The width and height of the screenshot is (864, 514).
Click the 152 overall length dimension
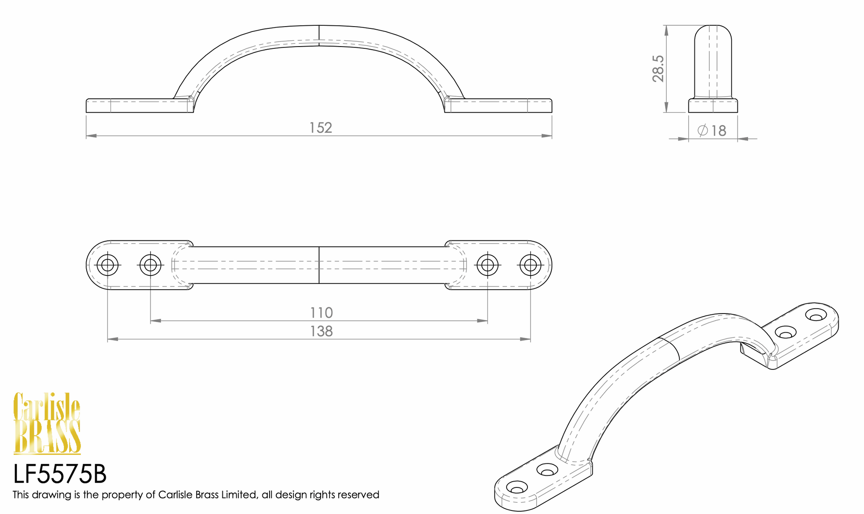click(321, 128)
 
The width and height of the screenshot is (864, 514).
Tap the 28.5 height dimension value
click(658, 69)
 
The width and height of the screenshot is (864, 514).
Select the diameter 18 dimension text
click(712, 131)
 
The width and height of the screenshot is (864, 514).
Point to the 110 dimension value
click(321, 313)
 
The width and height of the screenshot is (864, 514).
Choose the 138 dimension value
click(321, 331)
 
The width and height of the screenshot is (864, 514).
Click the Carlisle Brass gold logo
click(47, 423)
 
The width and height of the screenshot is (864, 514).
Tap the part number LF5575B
click(60, 474)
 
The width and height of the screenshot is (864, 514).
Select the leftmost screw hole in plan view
click(107, 265)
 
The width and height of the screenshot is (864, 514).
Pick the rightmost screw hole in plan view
click(530, 265)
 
